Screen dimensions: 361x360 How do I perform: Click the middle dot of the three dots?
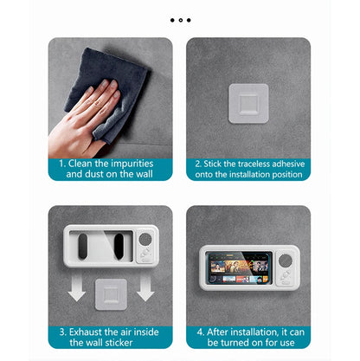coord(180,19)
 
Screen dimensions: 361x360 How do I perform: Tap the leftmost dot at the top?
coord(172,19)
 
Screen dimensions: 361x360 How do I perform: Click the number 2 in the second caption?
coord(197,162)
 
